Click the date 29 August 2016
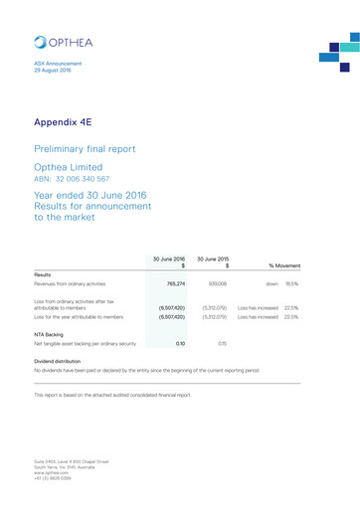pyautogui.click(x=53, y=72)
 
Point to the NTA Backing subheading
pyautogui.click(x=50, y=335)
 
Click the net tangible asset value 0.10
pyautogui.click(x=179, y=343)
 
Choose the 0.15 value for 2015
pyautogui.click(x=222, y=343)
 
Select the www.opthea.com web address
pyautogui.click(x=53, y=472)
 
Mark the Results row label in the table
pyautogui.click(x=43, y=273)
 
